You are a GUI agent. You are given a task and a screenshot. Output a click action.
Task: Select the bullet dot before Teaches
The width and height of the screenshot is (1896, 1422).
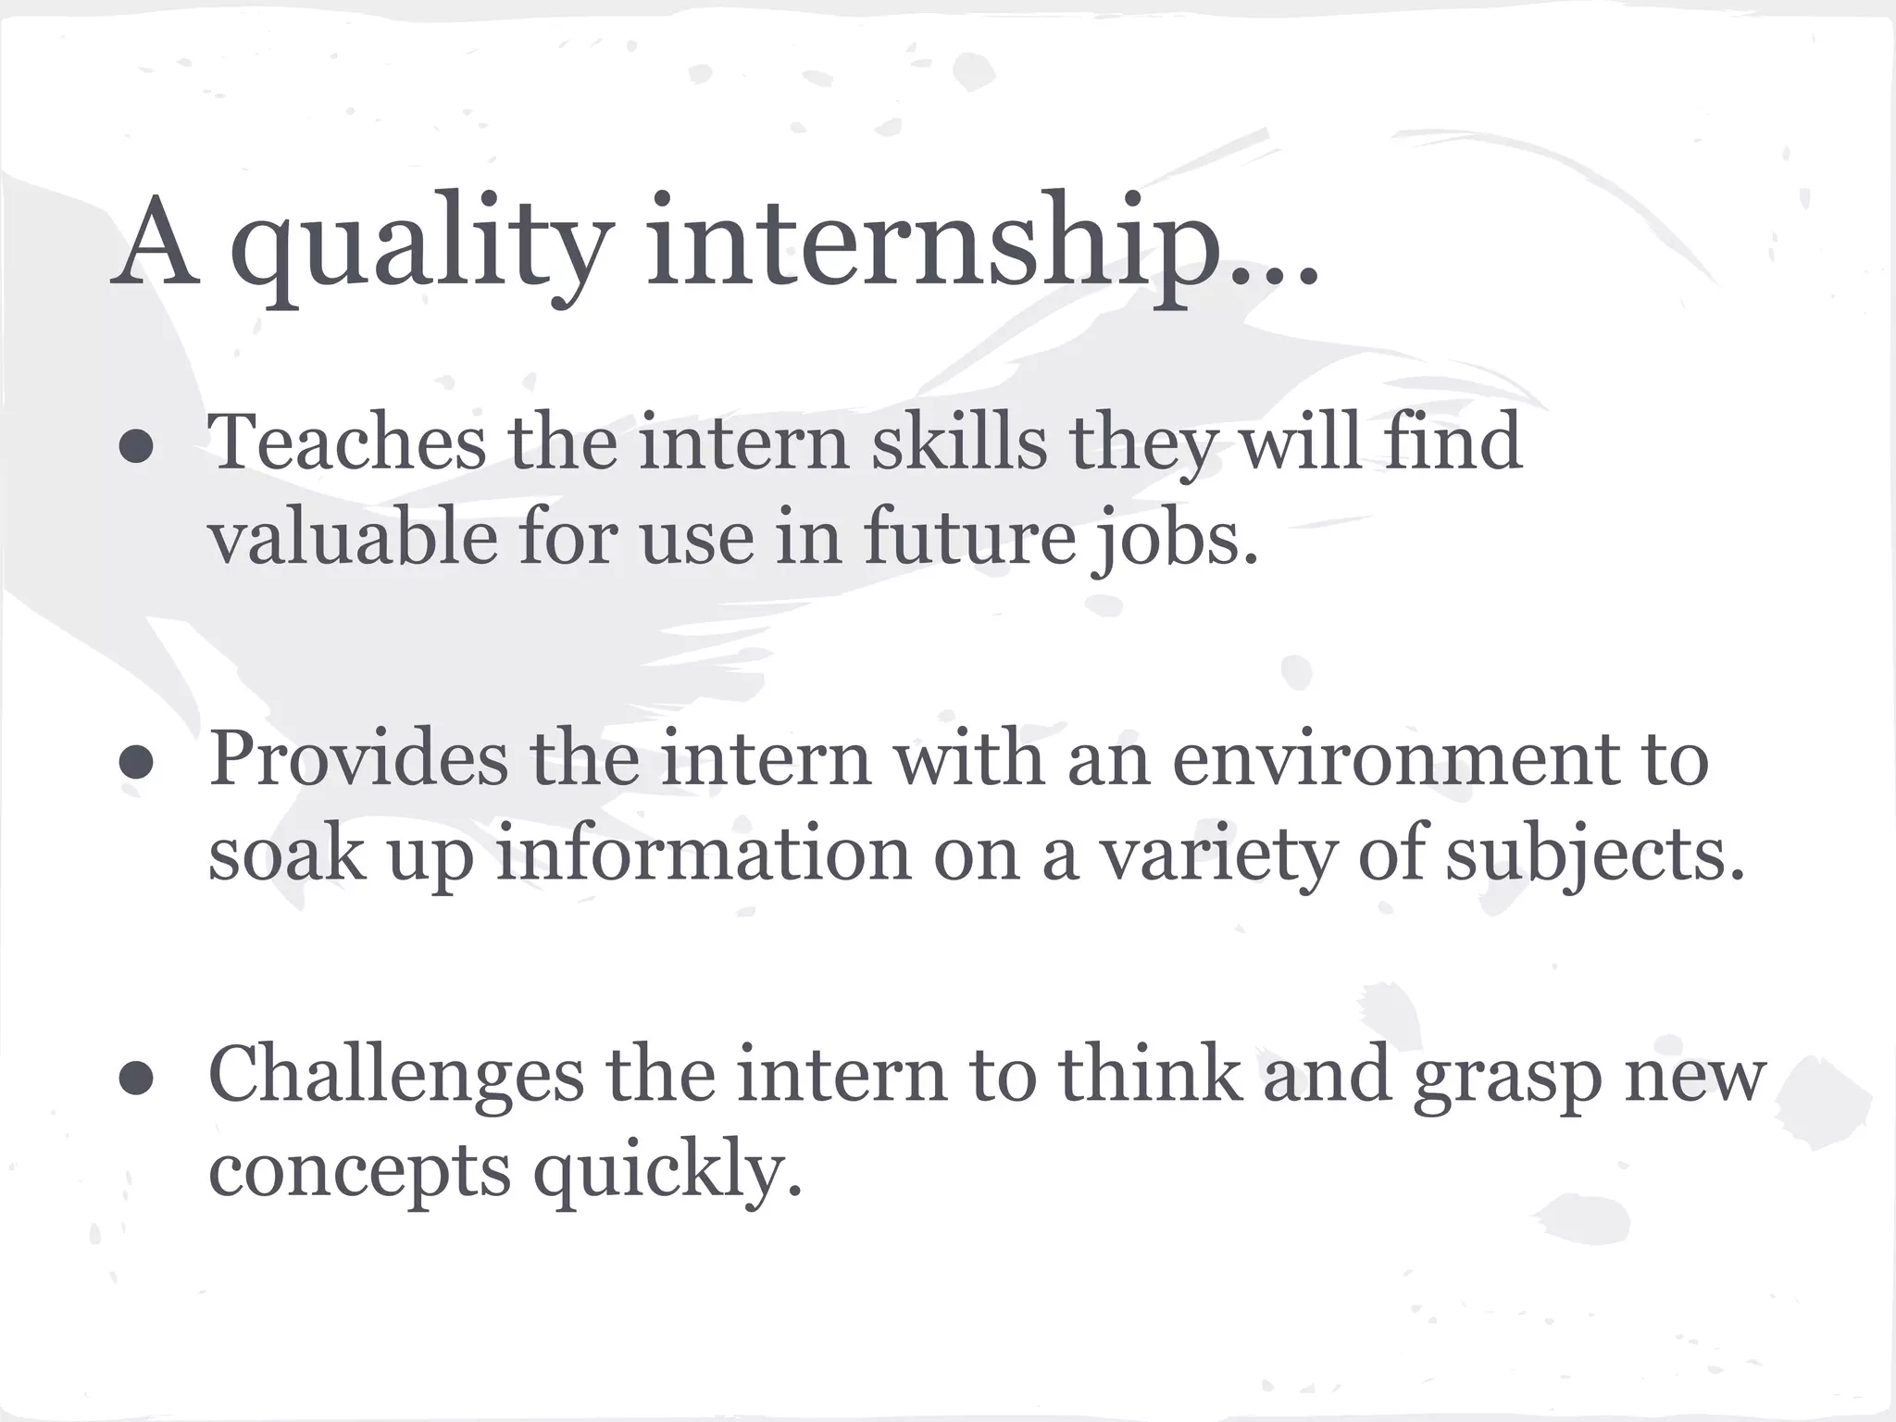click(x=136, y=446)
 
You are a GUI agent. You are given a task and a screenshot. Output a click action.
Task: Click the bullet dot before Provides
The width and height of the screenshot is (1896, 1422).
click(x=136, y=763)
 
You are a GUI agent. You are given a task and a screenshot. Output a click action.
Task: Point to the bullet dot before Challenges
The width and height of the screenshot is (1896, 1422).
click(x=136, y=1078)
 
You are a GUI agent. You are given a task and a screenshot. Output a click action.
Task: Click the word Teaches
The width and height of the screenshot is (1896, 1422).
click(x=347, y=443)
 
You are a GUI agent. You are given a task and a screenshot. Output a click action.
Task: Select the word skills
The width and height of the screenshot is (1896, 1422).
click(x=958, y=443)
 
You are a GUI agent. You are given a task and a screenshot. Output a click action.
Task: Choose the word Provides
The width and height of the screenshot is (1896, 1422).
click(x=358, y=759)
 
